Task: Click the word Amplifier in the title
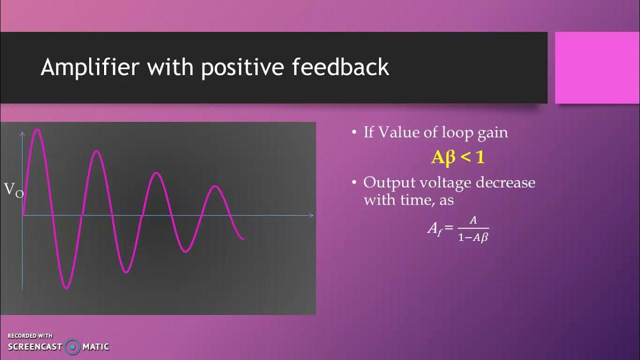(89, 67)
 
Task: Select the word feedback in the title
(340, 67)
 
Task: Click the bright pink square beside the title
(597, 67)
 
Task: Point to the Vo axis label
(13, 190)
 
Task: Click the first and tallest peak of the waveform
(37, 129)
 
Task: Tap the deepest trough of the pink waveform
(66, 288)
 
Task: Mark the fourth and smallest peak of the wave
(215, 186)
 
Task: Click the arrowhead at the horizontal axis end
(311, 215)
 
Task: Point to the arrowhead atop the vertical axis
(22, 133)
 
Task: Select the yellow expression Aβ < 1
(458, 158)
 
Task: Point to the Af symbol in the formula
(433, 229)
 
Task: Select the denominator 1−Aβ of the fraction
(472, 238)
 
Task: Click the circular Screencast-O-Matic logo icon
(73, 346)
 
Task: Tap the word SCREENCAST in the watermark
(34, 346)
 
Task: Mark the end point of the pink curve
(244, 238)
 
